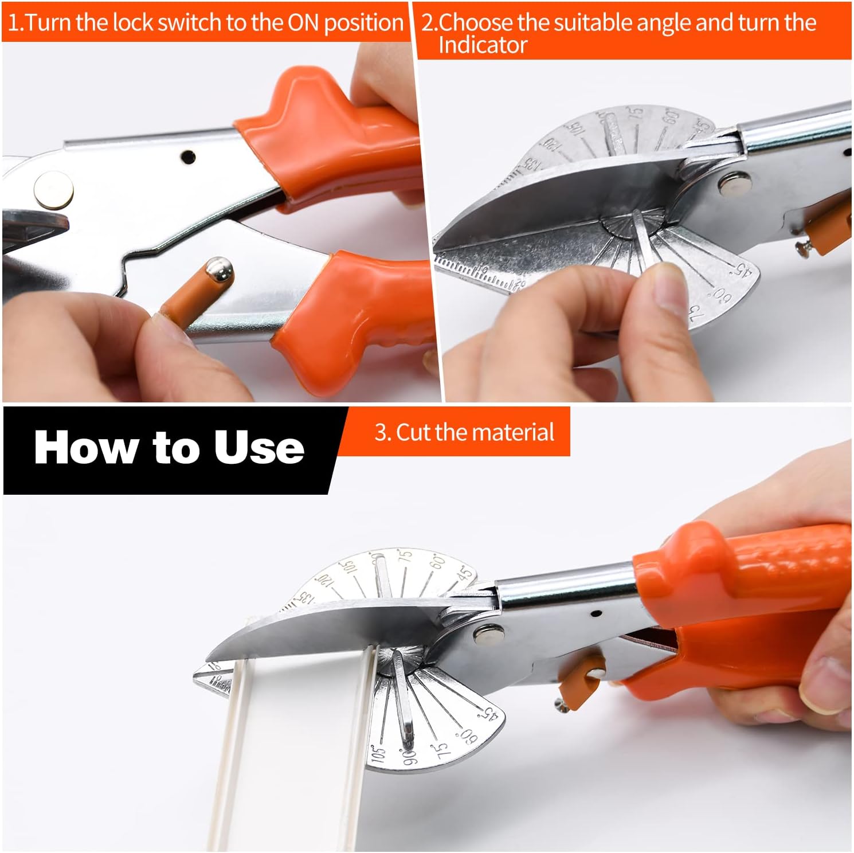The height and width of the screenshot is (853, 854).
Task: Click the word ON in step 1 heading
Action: [x=303, y=23]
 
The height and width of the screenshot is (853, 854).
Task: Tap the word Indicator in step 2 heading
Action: [x=482, y=45]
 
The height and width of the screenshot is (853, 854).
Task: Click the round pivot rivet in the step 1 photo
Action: [x=53, y=190]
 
